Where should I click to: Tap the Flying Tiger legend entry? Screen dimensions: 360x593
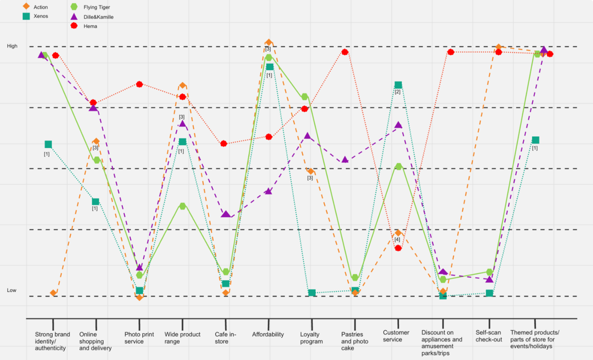click(x=91, y=7)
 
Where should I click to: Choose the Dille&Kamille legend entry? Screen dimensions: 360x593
click(x=93, y=17)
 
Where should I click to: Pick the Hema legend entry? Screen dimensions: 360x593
click(x=85, y=26)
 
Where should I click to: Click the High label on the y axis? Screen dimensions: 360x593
click(x=12, y=46)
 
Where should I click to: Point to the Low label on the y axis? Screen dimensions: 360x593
click(x=12, y=290)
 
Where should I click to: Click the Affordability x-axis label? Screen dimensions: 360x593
click(x=268, y=334)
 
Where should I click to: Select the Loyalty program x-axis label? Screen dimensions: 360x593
click(x=311, y=338)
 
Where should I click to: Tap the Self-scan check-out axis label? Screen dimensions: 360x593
click(x=489, y=336)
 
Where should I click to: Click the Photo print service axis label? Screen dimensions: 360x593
click(x=139, y=338)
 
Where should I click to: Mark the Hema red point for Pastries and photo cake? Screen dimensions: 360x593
click(x=345, y=52)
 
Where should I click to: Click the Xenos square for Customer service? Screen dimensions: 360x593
click(x=398, y=85)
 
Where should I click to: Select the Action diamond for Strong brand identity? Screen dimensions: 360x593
click(x=53, y=293)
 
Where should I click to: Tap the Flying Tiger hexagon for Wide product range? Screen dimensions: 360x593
click(x=183, y=206)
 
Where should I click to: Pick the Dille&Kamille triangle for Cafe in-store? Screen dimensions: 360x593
click(x=226, y=214)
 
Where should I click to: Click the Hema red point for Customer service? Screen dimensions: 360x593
click(x=398, y=248)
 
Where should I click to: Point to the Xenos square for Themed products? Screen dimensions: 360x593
click(x=535, y=140)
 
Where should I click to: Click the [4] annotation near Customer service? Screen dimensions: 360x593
click(x=397, y=240)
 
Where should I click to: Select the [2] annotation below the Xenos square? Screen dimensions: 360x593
click(x=397, y=92)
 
